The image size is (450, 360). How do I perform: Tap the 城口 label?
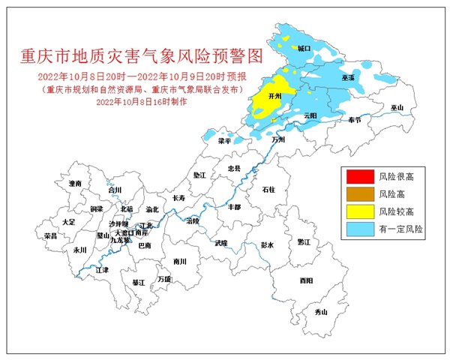pos(303,48)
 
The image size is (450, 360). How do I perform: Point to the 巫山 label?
pos(397,108)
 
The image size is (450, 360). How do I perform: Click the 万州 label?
pos(279,139)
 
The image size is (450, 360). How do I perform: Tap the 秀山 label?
pos(321,311)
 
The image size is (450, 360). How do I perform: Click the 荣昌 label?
pos(50,235)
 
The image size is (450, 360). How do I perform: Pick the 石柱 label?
pos(268,190)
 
